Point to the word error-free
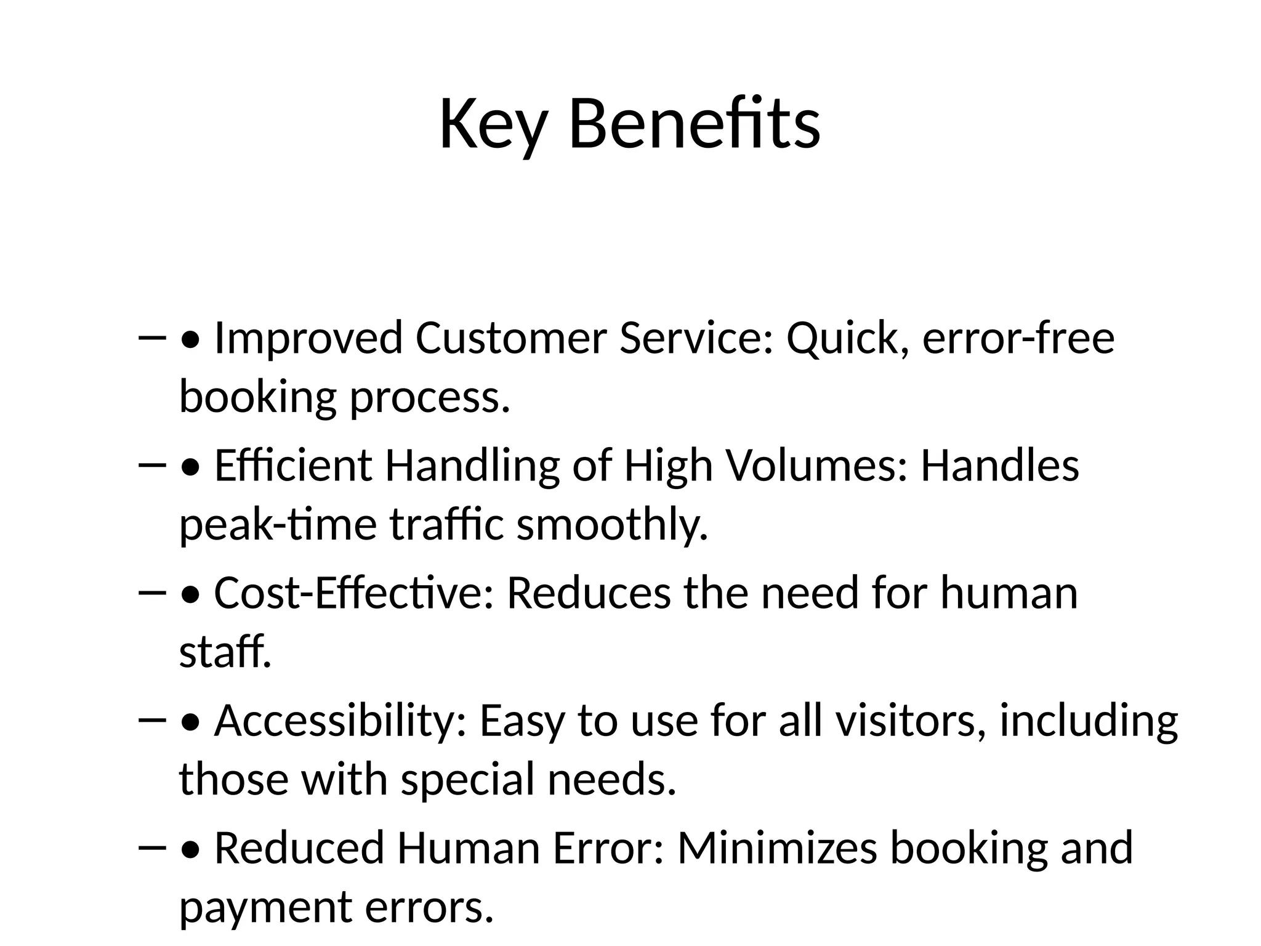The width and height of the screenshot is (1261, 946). (x=1018, y=339)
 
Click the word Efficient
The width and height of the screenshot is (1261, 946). (x=293, y=466)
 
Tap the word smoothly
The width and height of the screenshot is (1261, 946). (x=612, y=525)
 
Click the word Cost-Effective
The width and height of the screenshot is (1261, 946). (x=354, y=593)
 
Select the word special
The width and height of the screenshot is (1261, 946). (x=468, y=779)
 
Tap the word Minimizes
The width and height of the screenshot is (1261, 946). (x=777, y=848)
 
